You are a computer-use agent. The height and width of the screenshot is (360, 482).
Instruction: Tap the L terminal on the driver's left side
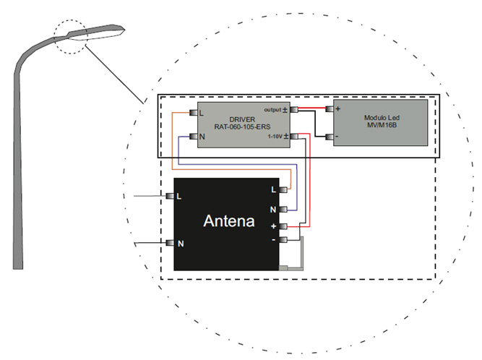194,112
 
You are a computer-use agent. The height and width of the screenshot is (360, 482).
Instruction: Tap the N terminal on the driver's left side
194,137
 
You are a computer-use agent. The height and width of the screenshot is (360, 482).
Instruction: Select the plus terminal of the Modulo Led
330,109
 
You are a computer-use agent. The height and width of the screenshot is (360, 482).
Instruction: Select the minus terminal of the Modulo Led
330,136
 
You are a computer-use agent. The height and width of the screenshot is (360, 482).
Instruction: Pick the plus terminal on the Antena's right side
284,226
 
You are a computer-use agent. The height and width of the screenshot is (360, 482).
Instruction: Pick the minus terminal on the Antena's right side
284,239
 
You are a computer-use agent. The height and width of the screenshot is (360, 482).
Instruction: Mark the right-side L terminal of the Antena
284,190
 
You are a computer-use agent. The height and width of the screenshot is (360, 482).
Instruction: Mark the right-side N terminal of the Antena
284,210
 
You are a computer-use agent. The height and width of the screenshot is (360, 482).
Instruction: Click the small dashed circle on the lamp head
72,36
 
